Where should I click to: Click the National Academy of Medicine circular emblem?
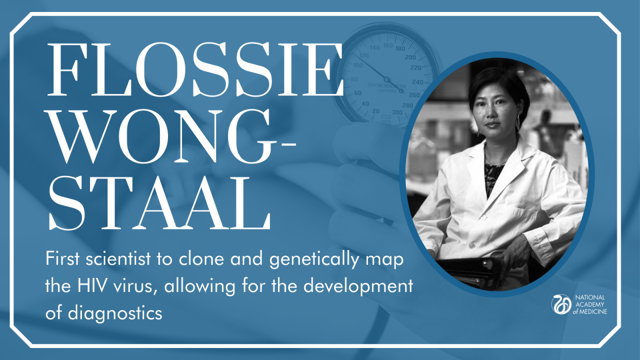561,304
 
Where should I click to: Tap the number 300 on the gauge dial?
397,112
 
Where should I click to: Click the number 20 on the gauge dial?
376,111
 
